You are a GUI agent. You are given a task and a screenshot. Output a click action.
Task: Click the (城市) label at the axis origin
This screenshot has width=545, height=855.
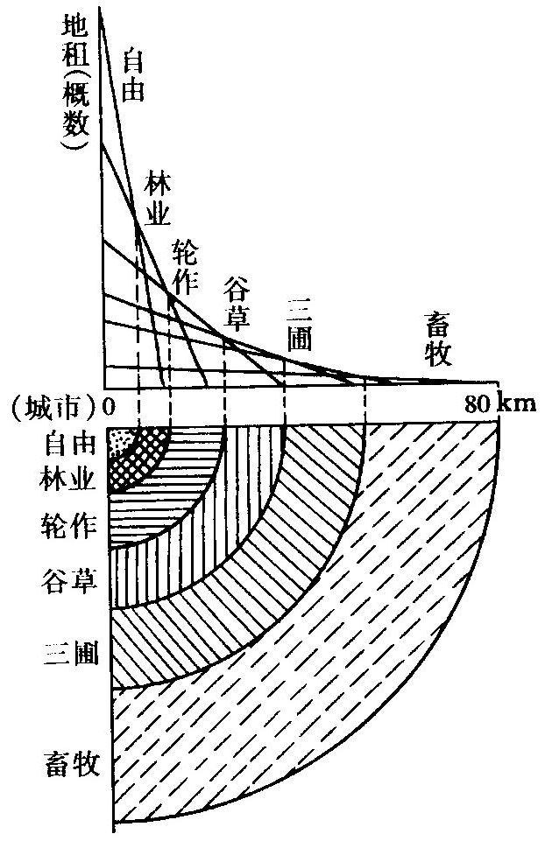(52, 407)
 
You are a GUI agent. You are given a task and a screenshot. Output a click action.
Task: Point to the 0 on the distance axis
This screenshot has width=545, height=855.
(110, 407)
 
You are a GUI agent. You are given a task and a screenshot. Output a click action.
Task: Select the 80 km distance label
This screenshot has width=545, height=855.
(494, 406)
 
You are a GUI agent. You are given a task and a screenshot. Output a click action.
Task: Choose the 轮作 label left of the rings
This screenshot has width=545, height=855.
(63, 528)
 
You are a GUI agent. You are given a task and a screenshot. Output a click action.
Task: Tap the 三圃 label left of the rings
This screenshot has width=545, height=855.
(63, 653)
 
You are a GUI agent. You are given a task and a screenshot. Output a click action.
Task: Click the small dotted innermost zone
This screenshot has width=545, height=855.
(119, 440)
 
